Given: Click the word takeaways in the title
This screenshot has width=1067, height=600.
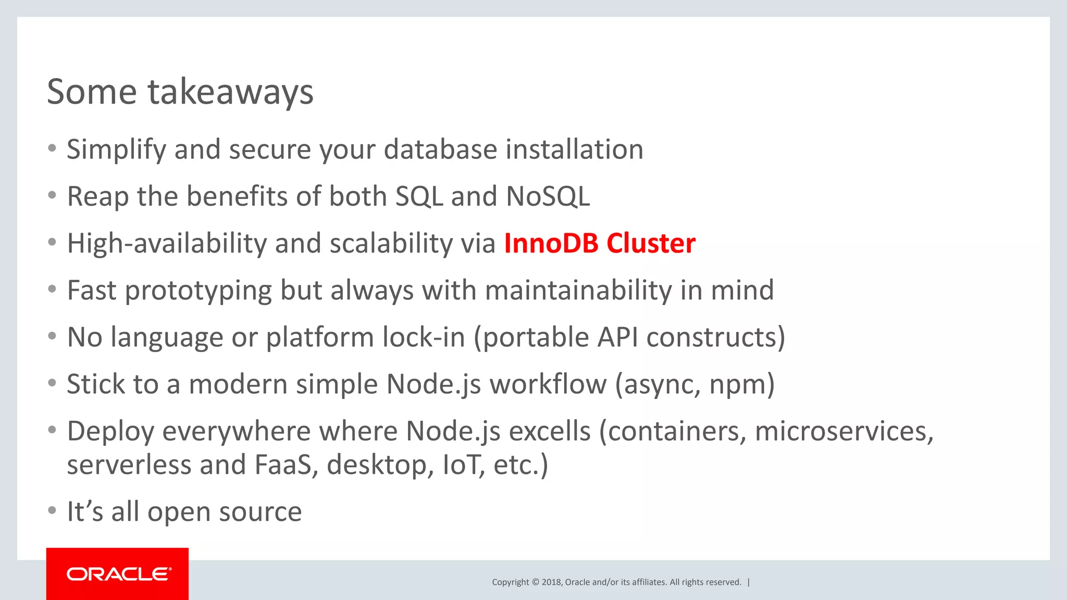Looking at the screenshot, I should pos(230,92).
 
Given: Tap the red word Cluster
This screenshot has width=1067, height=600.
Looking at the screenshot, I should pos(651,244).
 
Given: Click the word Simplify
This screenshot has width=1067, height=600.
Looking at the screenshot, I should pos(116,150).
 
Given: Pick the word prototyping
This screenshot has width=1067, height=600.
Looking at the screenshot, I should pos(198,291).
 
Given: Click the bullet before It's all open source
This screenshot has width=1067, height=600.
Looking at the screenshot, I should pos(52,510).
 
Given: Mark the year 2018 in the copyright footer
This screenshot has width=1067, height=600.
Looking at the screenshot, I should pos(552,582).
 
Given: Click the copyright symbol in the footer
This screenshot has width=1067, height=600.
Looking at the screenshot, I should pos(535,582).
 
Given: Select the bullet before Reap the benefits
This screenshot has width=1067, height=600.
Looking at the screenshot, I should pos(52,195).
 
